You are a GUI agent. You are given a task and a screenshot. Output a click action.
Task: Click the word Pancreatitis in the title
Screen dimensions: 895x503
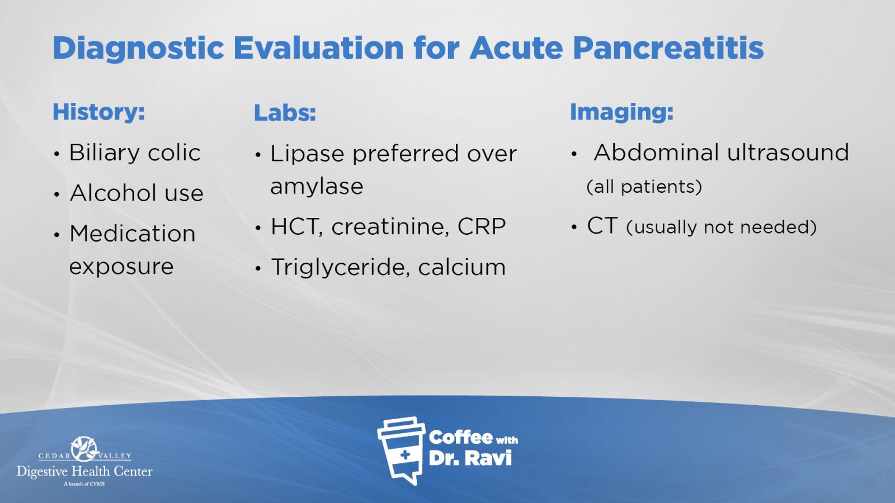coord(668,48)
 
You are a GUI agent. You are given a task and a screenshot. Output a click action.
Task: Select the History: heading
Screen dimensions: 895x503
coord(98,111)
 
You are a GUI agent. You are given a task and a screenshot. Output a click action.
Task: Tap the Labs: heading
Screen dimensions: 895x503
coord(285,112)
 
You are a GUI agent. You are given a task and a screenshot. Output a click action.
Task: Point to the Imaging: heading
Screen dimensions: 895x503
coord(621,112)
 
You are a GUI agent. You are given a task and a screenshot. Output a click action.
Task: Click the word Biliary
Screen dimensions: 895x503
coord(105,153)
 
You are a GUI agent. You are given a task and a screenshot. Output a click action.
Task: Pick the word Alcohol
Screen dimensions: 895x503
coord(107,193)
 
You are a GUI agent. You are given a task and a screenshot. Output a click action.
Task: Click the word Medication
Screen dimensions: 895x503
coord(132,234)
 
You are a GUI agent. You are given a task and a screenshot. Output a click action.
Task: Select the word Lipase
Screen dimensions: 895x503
coord(307,154)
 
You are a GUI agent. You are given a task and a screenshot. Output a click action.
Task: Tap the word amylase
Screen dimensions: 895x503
coord(317,187)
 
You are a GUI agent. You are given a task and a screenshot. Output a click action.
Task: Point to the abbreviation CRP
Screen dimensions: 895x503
coord(482,227)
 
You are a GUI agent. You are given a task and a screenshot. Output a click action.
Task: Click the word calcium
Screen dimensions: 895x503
coord(461,267)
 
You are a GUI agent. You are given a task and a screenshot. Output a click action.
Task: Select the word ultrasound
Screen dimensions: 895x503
coord(788,153)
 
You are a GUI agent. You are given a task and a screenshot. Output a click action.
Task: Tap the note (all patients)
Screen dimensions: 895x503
coord(644,187)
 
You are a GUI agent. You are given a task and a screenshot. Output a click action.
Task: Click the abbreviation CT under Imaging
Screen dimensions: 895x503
coord(602,226)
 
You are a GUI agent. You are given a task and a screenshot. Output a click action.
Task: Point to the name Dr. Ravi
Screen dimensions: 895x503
coord(470,458)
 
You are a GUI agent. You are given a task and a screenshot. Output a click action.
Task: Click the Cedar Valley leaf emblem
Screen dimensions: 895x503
coord(84,449)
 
